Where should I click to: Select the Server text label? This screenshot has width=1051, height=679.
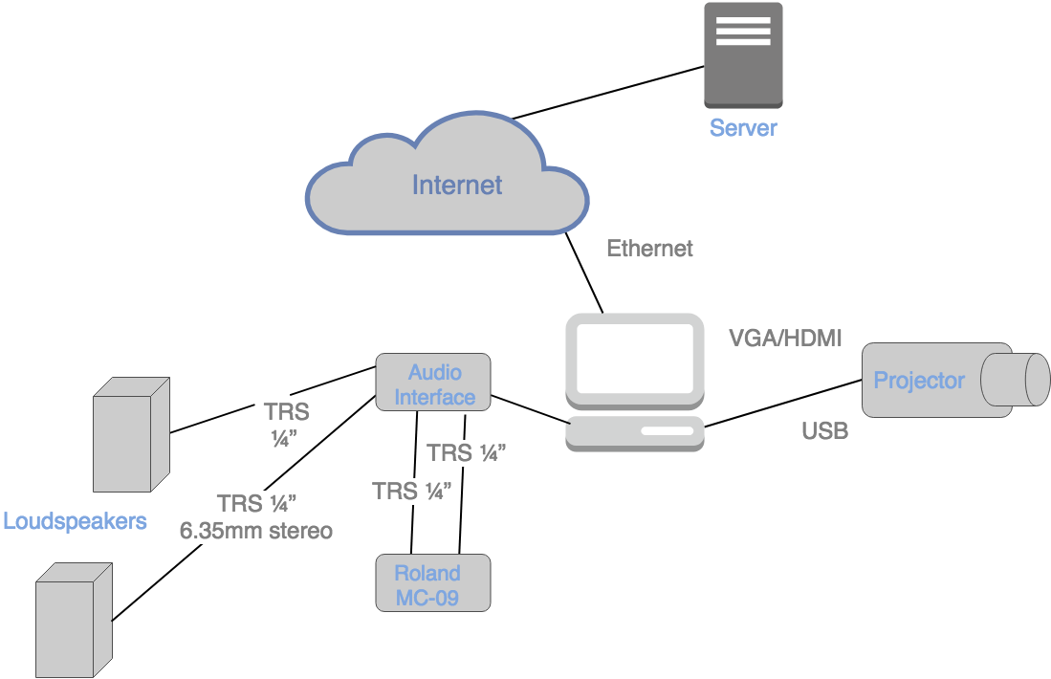click(743, 128)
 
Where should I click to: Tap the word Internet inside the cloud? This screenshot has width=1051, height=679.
click(456, 185)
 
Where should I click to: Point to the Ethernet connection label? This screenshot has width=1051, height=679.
click(649, 249)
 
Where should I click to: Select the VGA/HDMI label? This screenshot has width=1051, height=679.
click(785, 338)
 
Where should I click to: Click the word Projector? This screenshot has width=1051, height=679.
click(919, 381)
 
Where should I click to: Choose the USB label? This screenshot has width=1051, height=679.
click(824, 431)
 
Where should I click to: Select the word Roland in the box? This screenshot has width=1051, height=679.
click(427, 573)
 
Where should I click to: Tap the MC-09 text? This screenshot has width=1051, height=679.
click(427, 598)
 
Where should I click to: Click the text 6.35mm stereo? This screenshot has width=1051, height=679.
click(256, 530)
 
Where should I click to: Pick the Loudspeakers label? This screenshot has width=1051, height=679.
click(76, 521)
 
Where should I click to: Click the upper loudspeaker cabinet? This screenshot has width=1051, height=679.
click(131, 435)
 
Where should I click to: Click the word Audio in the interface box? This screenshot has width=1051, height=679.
click(435, 372)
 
